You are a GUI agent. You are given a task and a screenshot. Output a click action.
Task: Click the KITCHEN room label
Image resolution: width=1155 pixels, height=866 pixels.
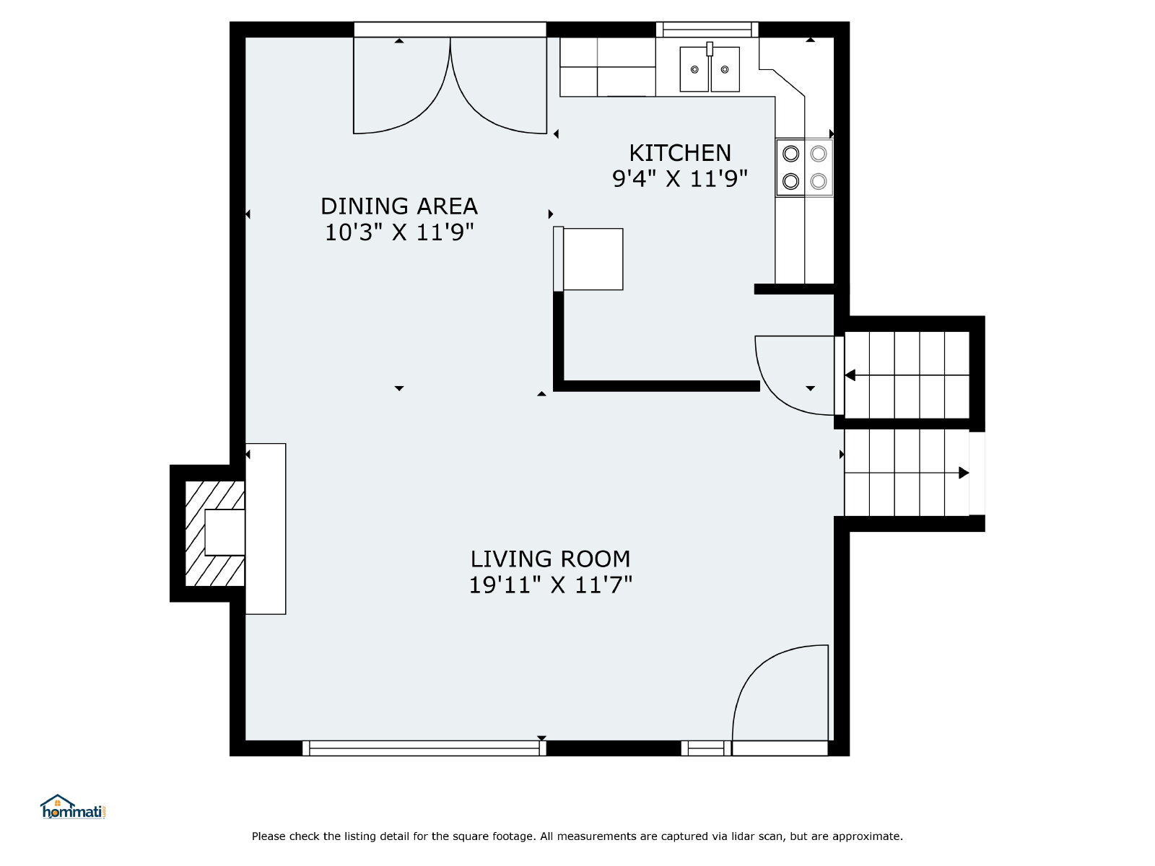pyautogui.click(x=680, y=153)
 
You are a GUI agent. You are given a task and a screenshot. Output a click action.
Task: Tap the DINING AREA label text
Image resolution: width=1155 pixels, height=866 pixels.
pyautogui.click(x=399, y=206)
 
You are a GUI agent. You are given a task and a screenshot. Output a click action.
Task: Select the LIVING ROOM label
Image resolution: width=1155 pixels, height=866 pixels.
pyautogui.click(x=550, y=559)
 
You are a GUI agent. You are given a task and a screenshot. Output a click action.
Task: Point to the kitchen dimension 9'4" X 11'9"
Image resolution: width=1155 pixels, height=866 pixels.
pyautogui.click(x=679, y=179)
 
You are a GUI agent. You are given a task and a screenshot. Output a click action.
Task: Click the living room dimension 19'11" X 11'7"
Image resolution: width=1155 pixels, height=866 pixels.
pyautogui.click(x=550, y=585)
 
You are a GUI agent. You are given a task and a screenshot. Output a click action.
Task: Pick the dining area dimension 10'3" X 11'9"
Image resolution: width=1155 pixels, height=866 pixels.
pyautogui.click(x=399, y=232)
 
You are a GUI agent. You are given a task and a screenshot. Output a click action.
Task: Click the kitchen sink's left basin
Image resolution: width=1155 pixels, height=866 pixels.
pyautogui.click(x=694, y=69)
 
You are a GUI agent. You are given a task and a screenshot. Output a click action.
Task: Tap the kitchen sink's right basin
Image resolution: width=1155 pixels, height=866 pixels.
pyautogui.click(x=725, y=69)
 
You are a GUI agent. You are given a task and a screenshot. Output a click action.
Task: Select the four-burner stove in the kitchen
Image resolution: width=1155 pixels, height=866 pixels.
pyautogui.click(x=804, y=167)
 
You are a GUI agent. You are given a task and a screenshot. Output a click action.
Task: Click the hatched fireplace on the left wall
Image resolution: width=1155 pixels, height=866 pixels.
pyautogui.click(x=214, y=533)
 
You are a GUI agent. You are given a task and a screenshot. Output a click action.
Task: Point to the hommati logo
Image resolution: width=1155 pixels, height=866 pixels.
pyautogui.click(x=73, y=806)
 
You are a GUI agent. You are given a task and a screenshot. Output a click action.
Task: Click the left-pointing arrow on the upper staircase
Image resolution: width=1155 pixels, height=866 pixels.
pyautogui.click(x=907, y=375)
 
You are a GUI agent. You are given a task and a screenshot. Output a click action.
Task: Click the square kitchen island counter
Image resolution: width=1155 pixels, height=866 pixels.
pyautogui.click(x=593, y=259)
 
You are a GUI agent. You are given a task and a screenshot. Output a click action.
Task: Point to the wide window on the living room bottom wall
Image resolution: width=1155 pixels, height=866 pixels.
pyautogui.click(x=424, y=748)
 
